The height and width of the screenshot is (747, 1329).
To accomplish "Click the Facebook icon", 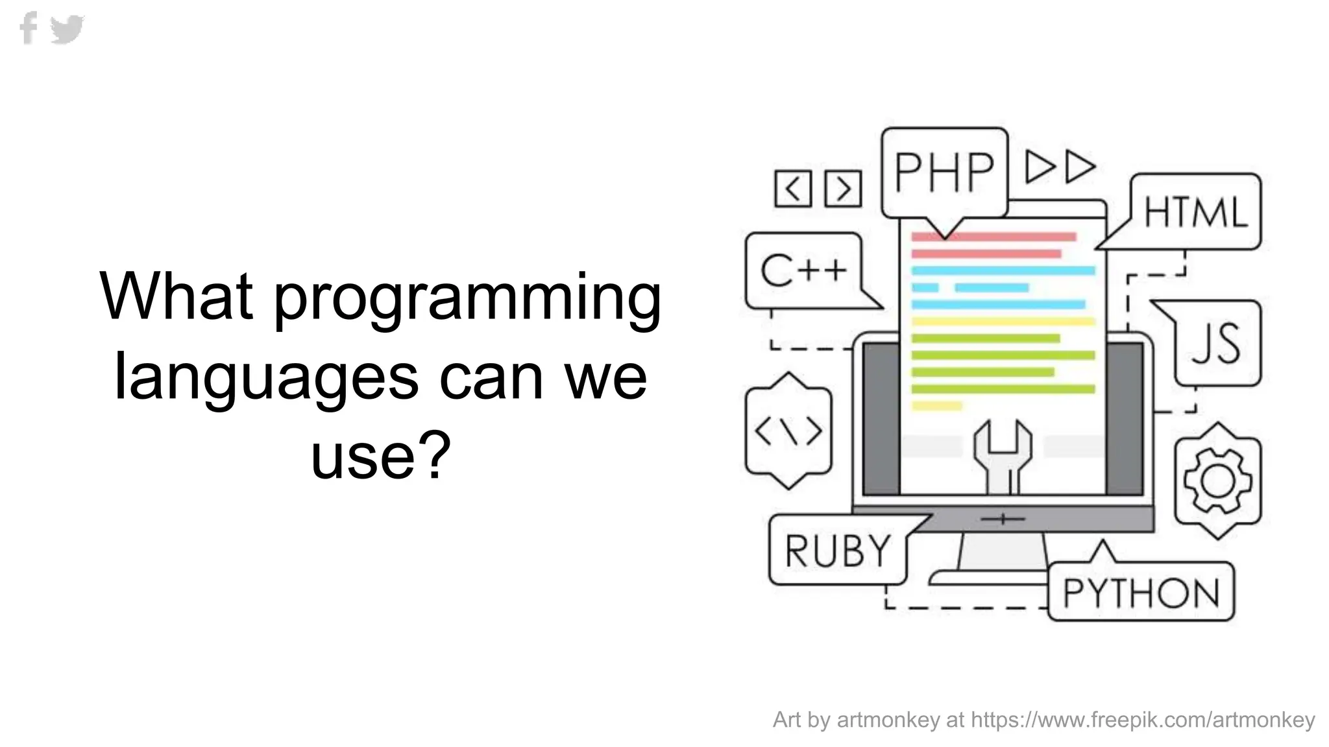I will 29,29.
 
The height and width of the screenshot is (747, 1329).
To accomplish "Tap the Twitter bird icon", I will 67,29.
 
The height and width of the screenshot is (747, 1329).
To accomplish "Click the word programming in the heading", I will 467,297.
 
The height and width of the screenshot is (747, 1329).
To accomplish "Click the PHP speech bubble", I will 944,172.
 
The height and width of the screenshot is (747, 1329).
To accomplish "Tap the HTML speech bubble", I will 1195,211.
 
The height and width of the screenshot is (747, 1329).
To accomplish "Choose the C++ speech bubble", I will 803,270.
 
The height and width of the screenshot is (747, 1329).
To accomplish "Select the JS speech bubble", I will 1216,344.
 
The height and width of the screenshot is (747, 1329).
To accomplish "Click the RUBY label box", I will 837,551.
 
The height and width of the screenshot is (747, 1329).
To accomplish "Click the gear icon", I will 1217,480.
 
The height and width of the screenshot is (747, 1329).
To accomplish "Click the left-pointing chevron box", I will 793,189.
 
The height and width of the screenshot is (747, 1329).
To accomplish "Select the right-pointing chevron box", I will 843,189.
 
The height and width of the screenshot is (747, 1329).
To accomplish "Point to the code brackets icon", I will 788,431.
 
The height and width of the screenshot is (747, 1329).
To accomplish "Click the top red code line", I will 993,237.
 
